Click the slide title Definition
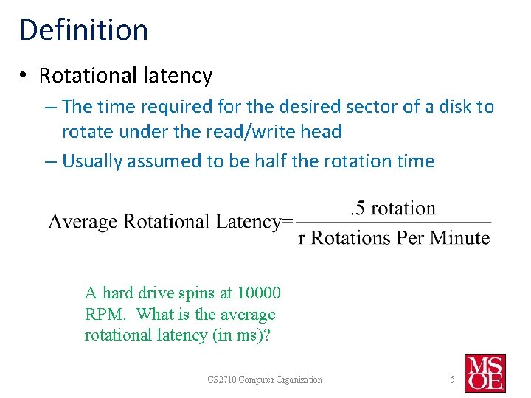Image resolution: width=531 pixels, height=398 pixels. click(83, 29)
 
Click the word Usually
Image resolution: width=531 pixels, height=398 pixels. click(92, 161)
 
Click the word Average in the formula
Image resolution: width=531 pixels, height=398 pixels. click(83, 222)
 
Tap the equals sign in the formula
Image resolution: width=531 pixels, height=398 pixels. click(288, 222)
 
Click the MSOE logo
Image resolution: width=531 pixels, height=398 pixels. click(485, 373)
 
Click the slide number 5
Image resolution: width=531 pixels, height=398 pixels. click(453, 379)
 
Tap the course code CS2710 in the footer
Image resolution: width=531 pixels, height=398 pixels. click(220, 380)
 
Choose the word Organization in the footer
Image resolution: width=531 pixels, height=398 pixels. click(298, 380)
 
